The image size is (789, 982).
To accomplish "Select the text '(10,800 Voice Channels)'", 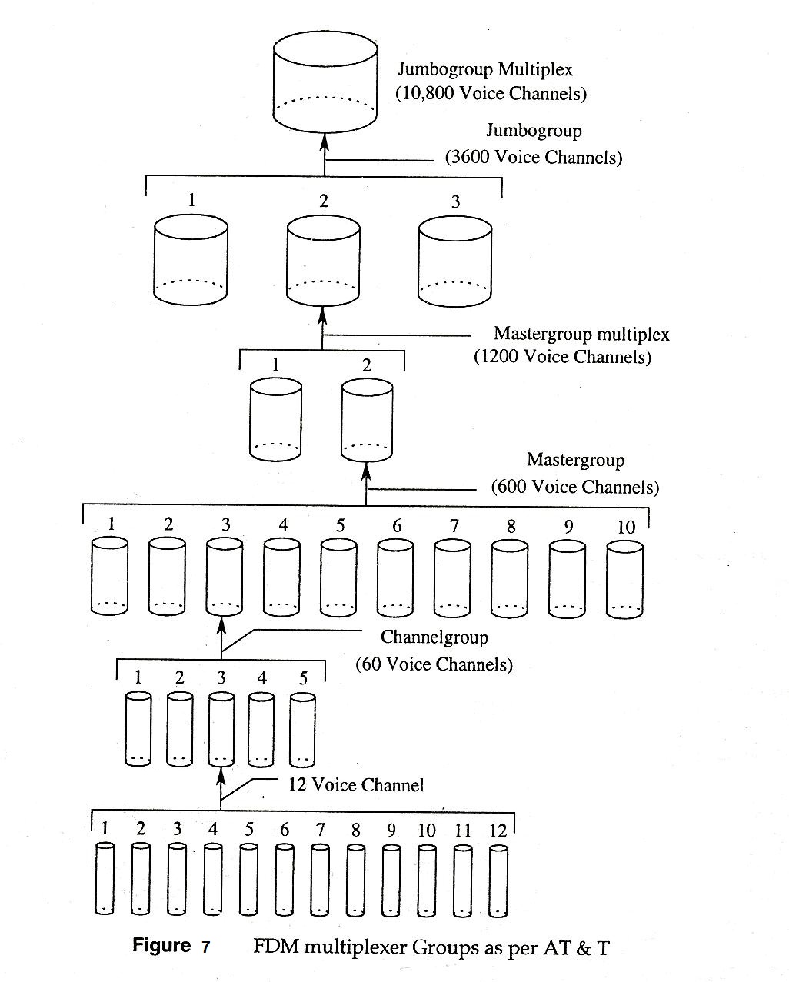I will (491, 94).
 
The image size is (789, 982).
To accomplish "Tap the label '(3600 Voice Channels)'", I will (534, 157).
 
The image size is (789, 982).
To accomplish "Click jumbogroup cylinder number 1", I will (191, 259).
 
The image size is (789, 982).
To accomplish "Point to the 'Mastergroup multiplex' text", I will (581, 334).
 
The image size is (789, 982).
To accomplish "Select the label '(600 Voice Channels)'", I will (574, 487).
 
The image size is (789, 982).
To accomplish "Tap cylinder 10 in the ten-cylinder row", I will (624, 578).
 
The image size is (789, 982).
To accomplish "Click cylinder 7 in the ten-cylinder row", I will (454, 578).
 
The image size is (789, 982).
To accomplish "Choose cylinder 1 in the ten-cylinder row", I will (110, 576).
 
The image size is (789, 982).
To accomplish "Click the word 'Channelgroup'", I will (434, 637).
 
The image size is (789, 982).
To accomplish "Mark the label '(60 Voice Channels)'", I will (434, 664).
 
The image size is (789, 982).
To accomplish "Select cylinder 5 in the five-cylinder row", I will (302, 729).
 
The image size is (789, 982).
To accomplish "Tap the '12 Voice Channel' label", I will (356, 785).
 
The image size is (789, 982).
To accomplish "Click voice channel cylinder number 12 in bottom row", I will (498, 880).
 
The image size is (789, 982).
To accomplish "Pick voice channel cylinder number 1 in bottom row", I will (105, 878).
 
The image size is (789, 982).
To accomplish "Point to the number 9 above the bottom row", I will (391, 830).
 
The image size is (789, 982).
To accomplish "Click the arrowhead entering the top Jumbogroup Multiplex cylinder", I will (325, 142).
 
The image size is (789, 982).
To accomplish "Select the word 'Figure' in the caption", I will (161, 945).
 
